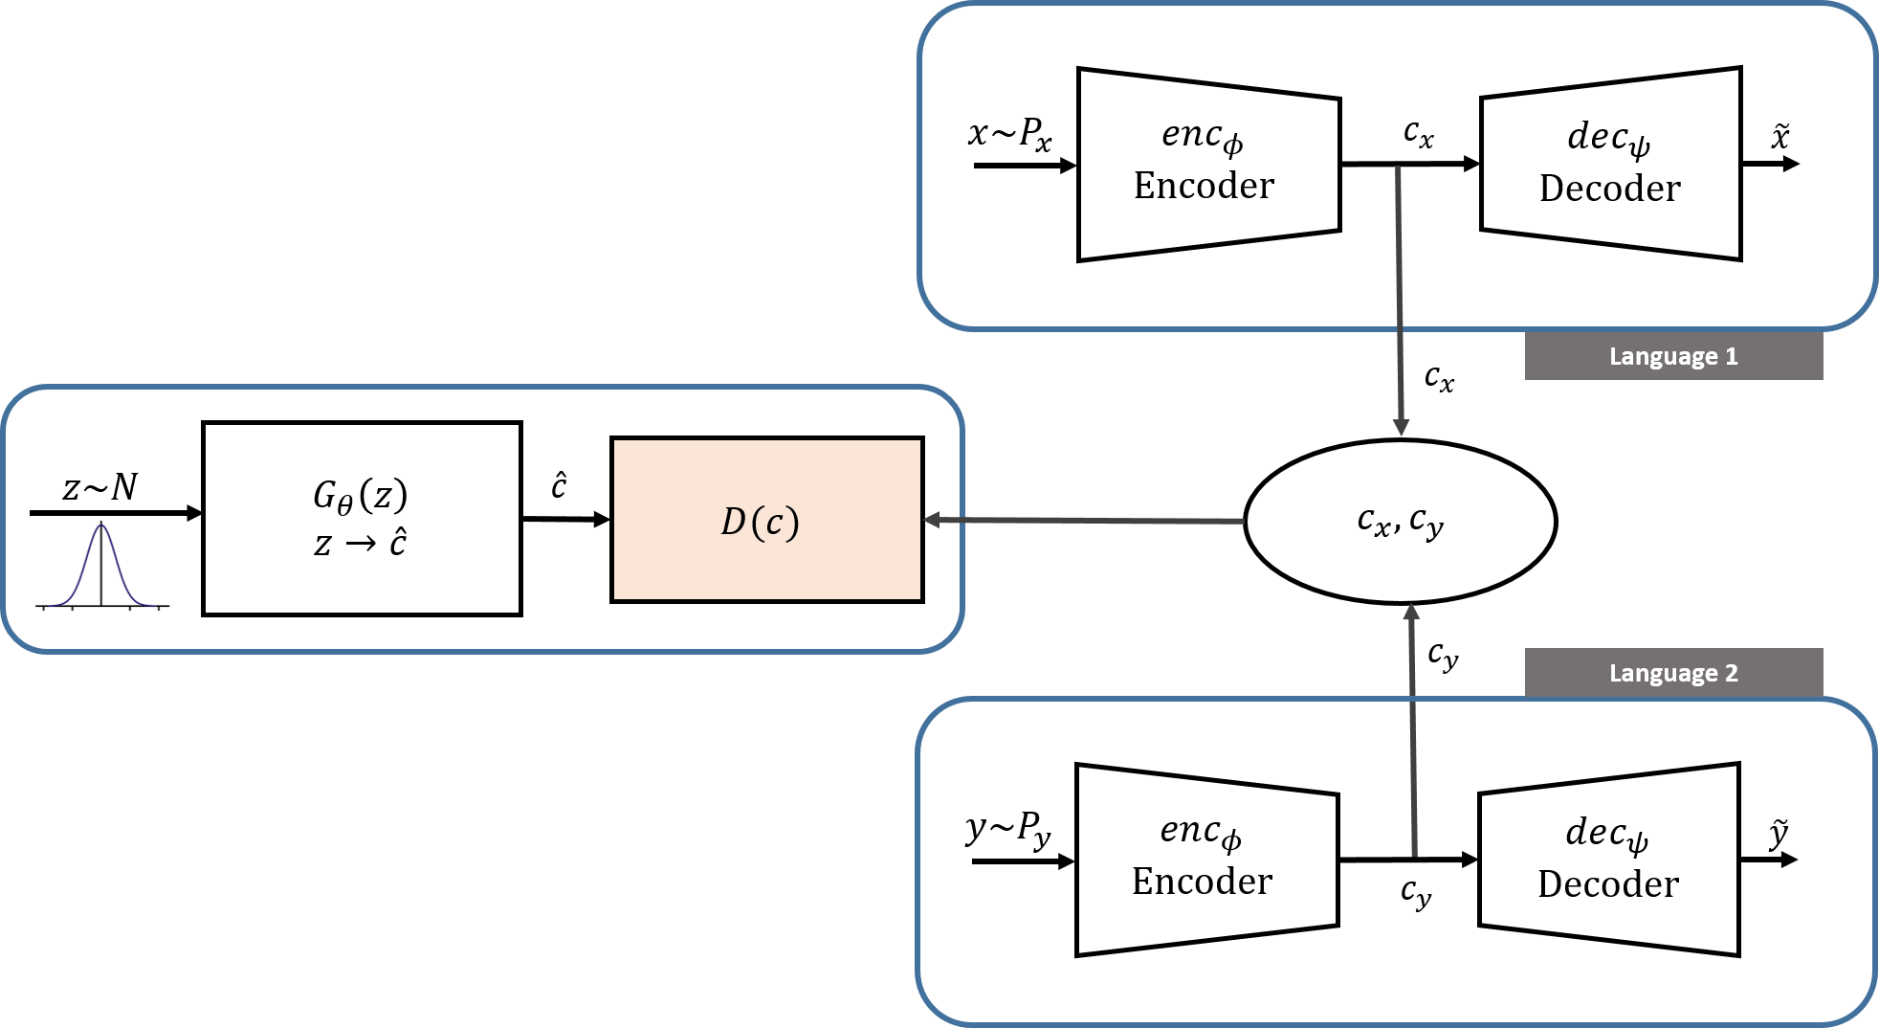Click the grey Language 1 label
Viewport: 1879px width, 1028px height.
coord(1672,356)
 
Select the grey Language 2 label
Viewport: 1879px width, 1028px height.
coord(1672,673)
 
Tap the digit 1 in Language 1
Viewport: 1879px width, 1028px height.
coord(1731,356)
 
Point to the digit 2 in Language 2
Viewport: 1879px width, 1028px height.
coord(1731,673)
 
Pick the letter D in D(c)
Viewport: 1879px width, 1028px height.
coord(733,522)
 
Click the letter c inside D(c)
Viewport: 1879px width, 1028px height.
coord(774,524)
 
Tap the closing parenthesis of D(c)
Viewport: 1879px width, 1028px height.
coord(792,523)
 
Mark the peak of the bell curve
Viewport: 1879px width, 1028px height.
coord(101,525)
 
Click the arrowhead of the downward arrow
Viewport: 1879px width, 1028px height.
coord(1401,428)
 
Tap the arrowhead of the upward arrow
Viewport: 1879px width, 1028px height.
coord(1410,611)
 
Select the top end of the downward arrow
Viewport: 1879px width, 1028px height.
coord(1398,169)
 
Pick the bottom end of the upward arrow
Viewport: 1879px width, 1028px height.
coord(1414,853)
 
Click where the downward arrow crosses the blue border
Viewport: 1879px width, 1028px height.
coord(1400,328)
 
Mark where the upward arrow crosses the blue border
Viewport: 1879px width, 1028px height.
coord(1412,700)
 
